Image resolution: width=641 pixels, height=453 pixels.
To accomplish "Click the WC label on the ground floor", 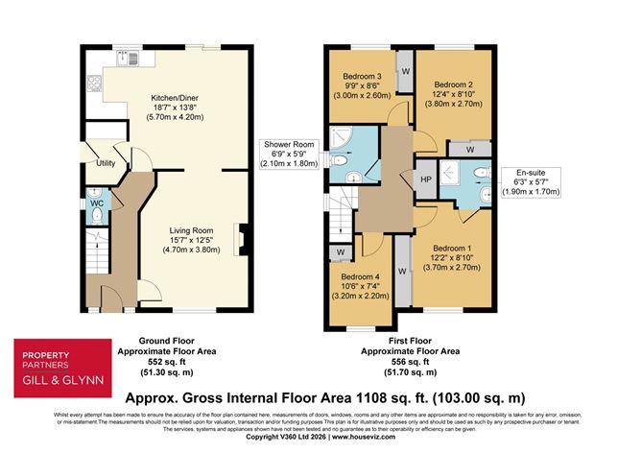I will point(95,204).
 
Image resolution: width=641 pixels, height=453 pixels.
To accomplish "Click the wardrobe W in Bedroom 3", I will point(406,71).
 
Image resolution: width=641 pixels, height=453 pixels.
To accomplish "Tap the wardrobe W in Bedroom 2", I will point(469,150).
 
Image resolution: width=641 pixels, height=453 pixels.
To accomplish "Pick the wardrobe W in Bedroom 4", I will point(340,253).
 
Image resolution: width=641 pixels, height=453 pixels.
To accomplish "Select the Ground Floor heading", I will point(169,342).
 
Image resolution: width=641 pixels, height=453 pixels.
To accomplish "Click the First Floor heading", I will point(410,342).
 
